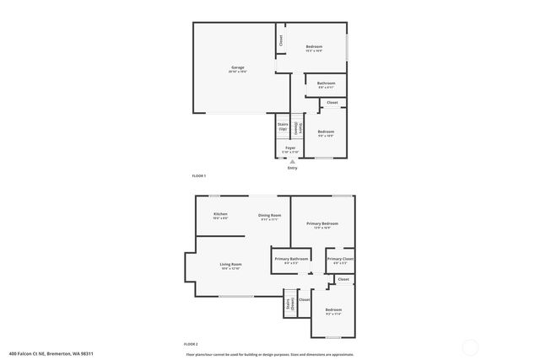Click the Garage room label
click(238, 68)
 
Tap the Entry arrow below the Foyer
click(292, 160)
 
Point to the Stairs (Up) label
click(283, 126)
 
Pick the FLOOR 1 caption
click(199, 175)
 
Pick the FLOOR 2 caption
click(191, 344)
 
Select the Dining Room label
click(269, 217)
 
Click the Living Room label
click(230, 266)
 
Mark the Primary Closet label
click(340, 261)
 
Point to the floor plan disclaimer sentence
click(269, 354)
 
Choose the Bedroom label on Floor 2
click(334, 312)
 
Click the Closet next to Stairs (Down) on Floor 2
click(305, 299)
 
